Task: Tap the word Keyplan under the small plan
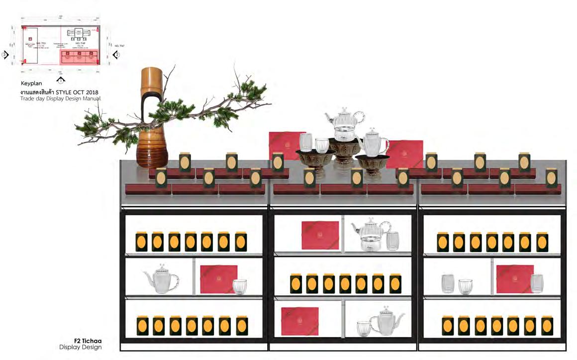(32, 84)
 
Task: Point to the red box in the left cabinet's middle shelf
(218, 279)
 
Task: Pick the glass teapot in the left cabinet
(160, 280)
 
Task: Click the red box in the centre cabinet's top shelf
(320, 235)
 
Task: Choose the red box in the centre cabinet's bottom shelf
(299, 321)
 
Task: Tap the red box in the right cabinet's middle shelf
(514, 279)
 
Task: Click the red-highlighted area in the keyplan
(80, 56)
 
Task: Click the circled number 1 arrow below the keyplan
(61, 79)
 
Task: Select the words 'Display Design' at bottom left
(81, 347)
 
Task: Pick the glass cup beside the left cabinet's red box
(240, 286)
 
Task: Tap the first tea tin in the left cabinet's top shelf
(142, 242)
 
